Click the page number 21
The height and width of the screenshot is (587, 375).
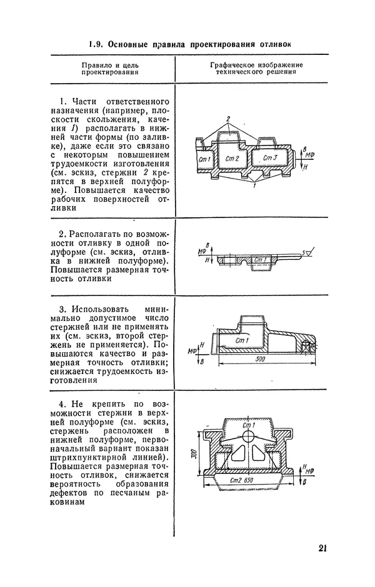(322, 549)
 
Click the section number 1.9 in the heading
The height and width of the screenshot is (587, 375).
(95, 44)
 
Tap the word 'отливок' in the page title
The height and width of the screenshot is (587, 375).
(272, 44)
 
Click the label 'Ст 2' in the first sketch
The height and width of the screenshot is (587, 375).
(232, 158)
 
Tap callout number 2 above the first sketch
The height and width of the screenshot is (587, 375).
(229, 118)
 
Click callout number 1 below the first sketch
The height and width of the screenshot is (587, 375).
(254, 185)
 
